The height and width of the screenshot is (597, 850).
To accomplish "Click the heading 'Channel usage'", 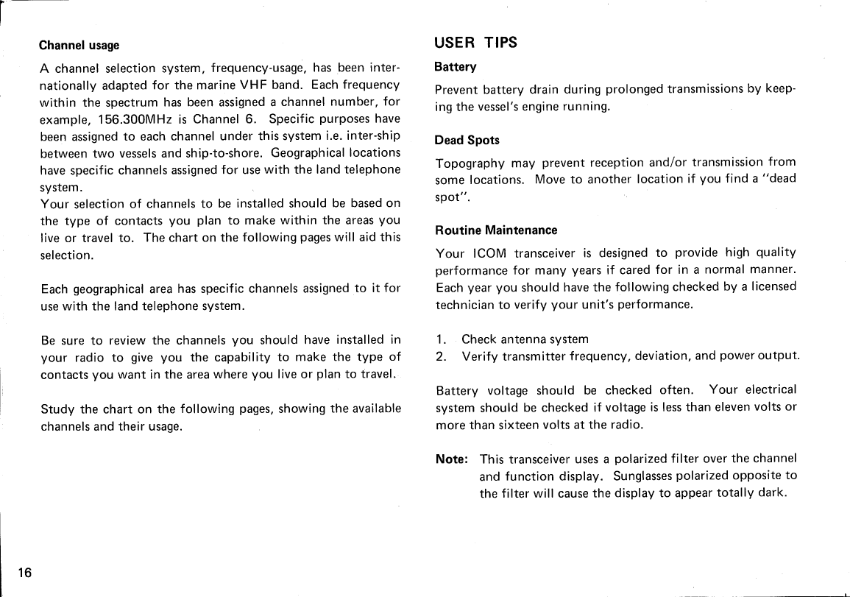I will [x=79, y=46].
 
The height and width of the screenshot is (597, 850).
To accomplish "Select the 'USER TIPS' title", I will [x=476, y=43].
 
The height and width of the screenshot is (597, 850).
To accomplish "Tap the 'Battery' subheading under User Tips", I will [x=456, y=67].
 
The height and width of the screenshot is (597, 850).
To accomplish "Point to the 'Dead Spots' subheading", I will [x=467, y=140].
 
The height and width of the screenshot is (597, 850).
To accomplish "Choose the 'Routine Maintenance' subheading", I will [x=497, y=230].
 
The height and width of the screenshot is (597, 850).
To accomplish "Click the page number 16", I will [x=26, y=573].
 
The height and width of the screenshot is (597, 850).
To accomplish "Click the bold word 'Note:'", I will [x=452, y=459].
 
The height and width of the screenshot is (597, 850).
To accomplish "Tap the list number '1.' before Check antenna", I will [x=441, y=339].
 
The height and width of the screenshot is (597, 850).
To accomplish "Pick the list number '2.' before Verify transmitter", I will [x=441, y=357].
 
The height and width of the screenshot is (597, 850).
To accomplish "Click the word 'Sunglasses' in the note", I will [x=643, y=476].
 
